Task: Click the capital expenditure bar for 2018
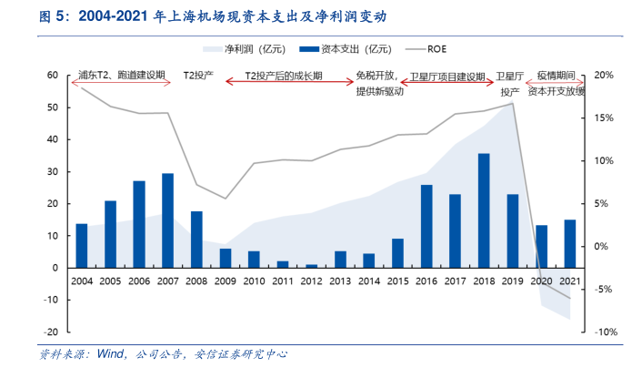[484, 210]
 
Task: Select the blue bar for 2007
[167, 220]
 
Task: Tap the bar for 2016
[426, 226]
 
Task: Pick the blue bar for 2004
[82, 245]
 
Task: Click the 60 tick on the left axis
[53, 76]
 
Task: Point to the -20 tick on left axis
[51, 332]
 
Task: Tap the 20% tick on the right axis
[603, 76]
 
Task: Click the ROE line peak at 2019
[513, 103]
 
